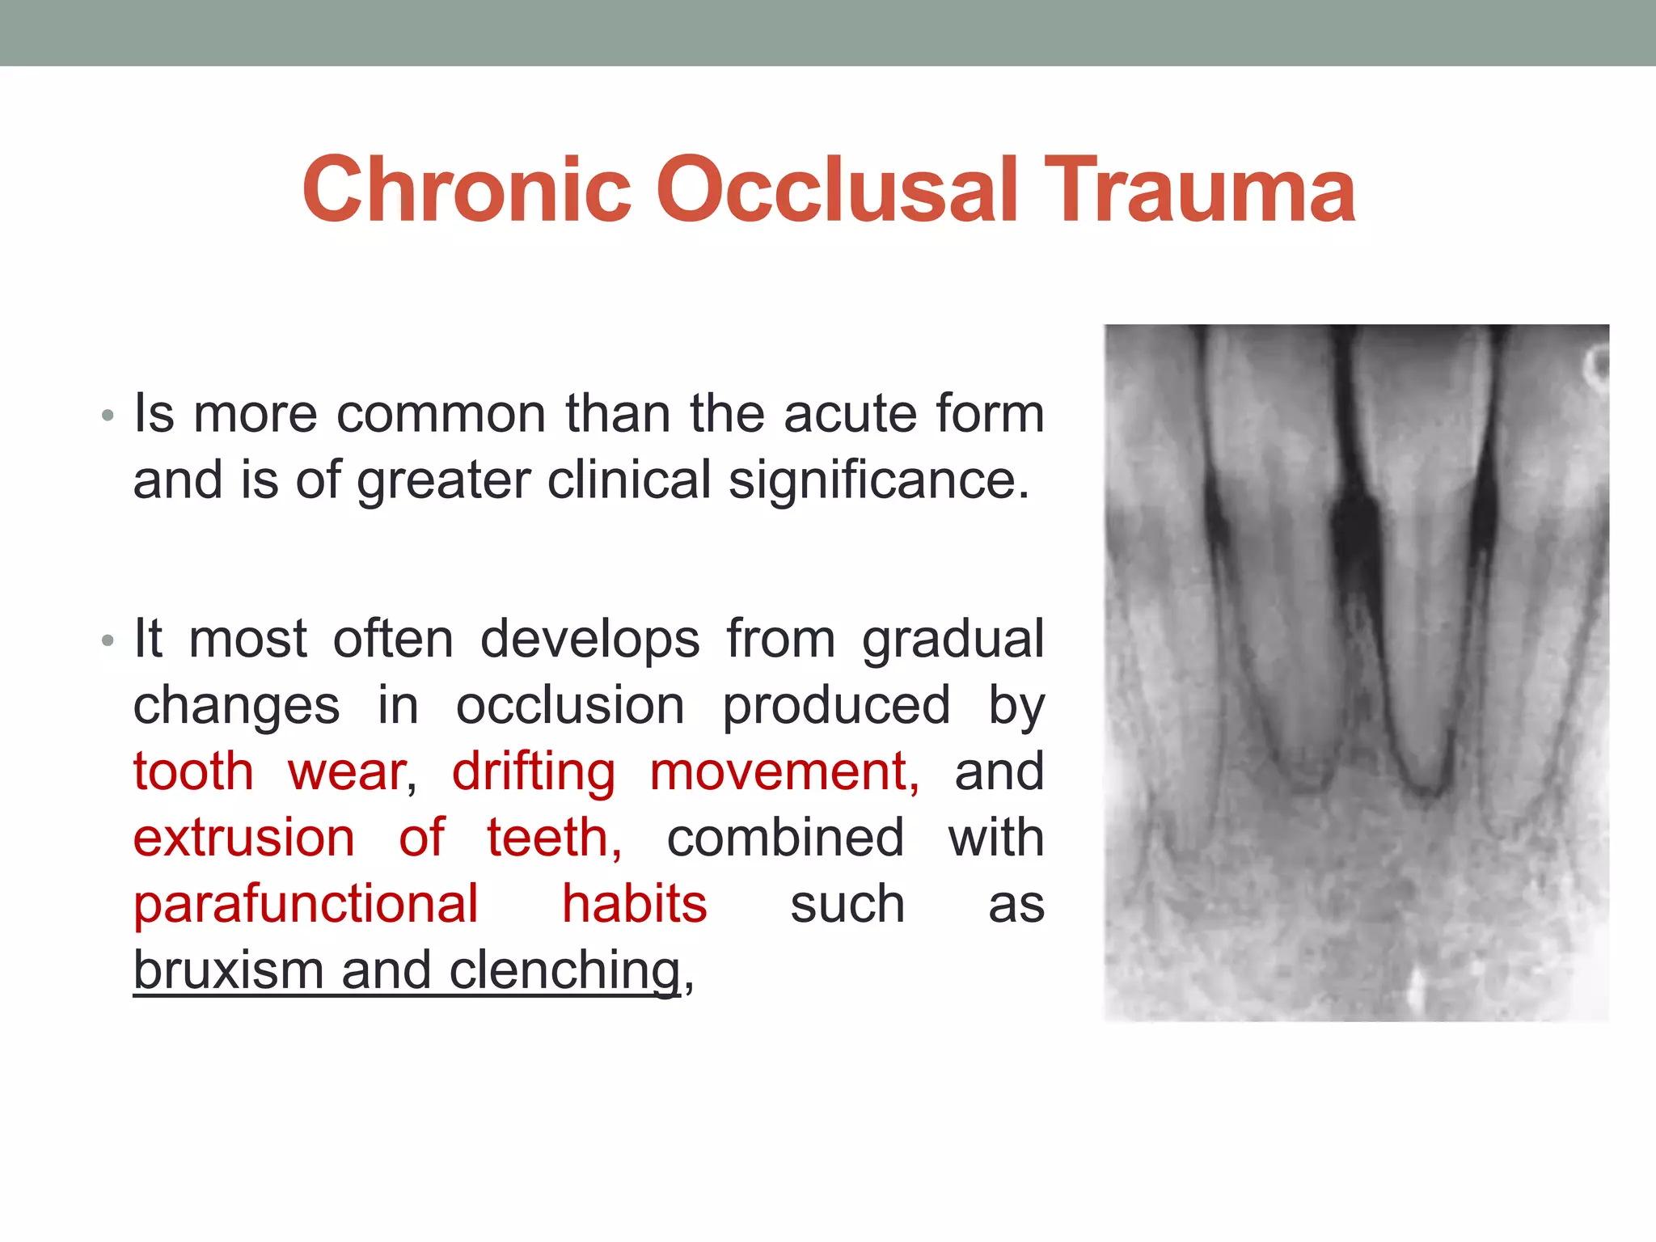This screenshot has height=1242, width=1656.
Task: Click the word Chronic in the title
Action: pyautogui.click(x=467, y=190)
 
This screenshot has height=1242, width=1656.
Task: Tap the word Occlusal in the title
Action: pyautogui.click(x=836, y=190)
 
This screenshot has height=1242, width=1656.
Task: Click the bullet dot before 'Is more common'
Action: pyautogui.click(x=108, y=417)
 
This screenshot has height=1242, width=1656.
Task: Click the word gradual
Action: pyautogui.click(x=953, y=639)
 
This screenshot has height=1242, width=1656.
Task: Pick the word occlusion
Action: pyautogui.click(x=570, y=705)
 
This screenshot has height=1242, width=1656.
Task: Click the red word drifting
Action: pyautogui.click(x=533, y=771)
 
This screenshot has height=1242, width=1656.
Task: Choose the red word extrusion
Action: pyautogui.click(x=244, y=838)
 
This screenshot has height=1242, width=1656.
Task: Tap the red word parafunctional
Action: pyautogui.click(x=306, y=904)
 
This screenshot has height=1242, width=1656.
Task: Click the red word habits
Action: pyautogui.click(x=634, y=904)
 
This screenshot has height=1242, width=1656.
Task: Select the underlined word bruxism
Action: pyautogui.click(x=228, y=970)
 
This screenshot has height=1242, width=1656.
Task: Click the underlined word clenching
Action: pyautogui.click(x=564, y=970)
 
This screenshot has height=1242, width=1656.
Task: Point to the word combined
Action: pyautogui.click(x=784, y=838)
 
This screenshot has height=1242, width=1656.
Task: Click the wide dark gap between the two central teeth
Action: pyautogui.click(x=1355, y=534)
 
